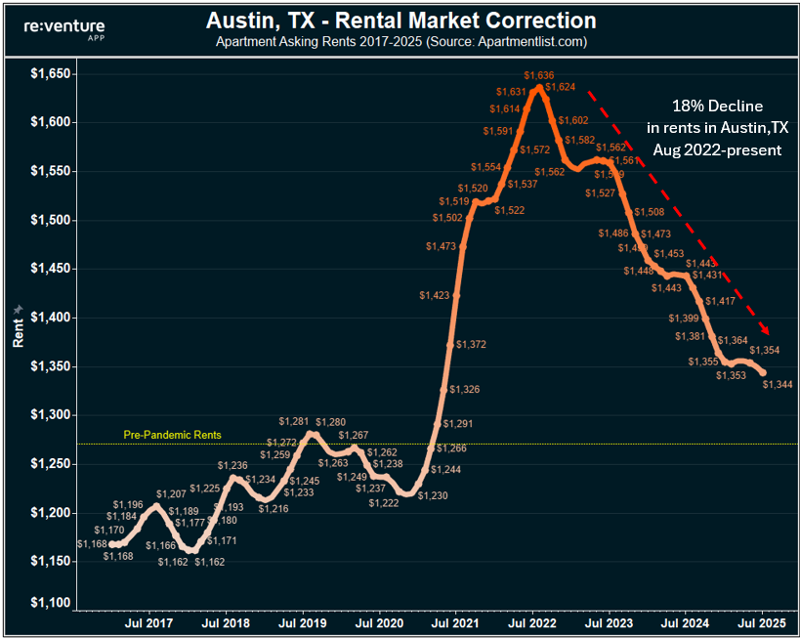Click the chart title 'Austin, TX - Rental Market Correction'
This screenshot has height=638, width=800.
[x=401, y=21]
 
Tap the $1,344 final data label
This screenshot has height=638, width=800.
[x=778, y=385]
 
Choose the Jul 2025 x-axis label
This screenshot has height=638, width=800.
[x=762, y=621]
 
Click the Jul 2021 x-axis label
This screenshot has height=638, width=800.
[x=456, y=621]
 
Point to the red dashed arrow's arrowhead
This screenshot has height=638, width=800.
[x=766, y=332]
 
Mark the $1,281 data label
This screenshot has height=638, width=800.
[x=293, y=421]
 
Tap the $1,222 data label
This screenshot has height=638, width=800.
[x=384, y=503]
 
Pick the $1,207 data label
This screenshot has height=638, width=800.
[x=171, y=494]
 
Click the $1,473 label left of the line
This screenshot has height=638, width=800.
[x=441, y=247]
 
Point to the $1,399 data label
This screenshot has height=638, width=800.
[x=684, y=319]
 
